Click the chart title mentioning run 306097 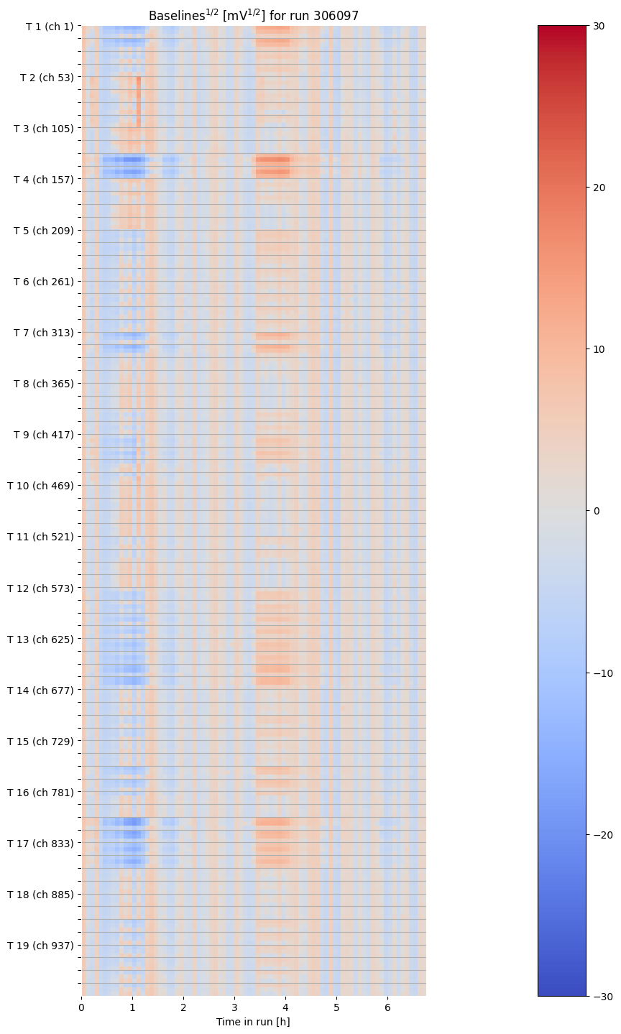pos(254,15)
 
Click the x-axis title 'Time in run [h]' pos(253,1022)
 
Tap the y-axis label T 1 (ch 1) pos(49,27)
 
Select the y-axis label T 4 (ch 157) pos(43,179)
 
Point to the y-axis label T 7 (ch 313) pos(43,333)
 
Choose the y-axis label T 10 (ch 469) pos(40,486)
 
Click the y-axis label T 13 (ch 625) pos(40,640)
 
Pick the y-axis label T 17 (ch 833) pos(40,844)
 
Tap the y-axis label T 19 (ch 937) pos(40,946)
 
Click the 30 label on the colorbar pos(598,26)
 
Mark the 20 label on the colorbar pos(598,188)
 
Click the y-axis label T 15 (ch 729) pos(40,742)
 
